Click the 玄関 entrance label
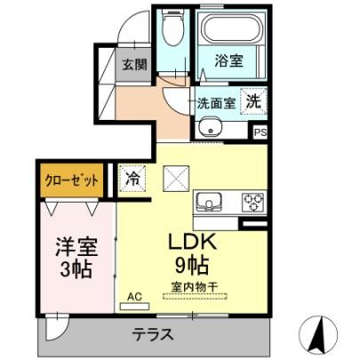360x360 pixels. click(135, 64)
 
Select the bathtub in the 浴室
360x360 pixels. click(230, 28)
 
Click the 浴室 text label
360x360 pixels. click(228, 60)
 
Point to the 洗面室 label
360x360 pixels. click(217, 103)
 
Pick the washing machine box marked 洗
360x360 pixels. click(253, 101)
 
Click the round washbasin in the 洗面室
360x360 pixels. click(210, 127)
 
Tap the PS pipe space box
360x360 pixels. click(260, 132)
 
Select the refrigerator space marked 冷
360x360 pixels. click(132, 179)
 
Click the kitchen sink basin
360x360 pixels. click(209, 203)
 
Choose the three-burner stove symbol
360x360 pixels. click(252, 202)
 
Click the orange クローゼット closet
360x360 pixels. click(72, 180)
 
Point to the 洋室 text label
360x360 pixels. click(76, 246)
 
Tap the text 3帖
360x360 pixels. click(76, 268)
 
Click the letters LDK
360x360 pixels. click(192, 242)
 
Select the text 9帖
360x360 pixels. click(192, 264)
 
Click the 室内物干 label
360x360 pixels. click(195, 286)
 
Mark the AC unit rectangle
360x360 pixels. click(134, 307)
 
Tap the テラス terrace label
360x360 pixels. click(153, 334)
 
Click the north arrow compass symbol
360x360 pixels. click(318, 334)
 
